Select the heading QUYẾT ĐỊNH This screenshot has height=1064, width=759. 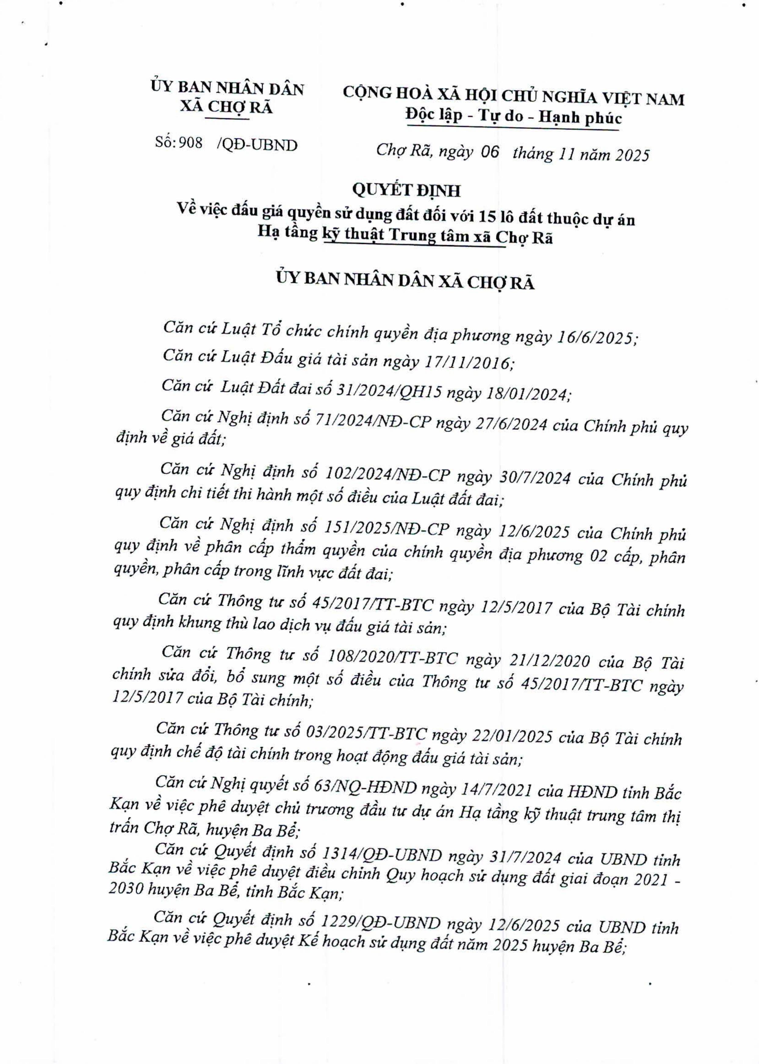[x=406, y=190]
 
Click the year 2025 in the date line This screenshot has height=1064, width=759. [x=632, y=155]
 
